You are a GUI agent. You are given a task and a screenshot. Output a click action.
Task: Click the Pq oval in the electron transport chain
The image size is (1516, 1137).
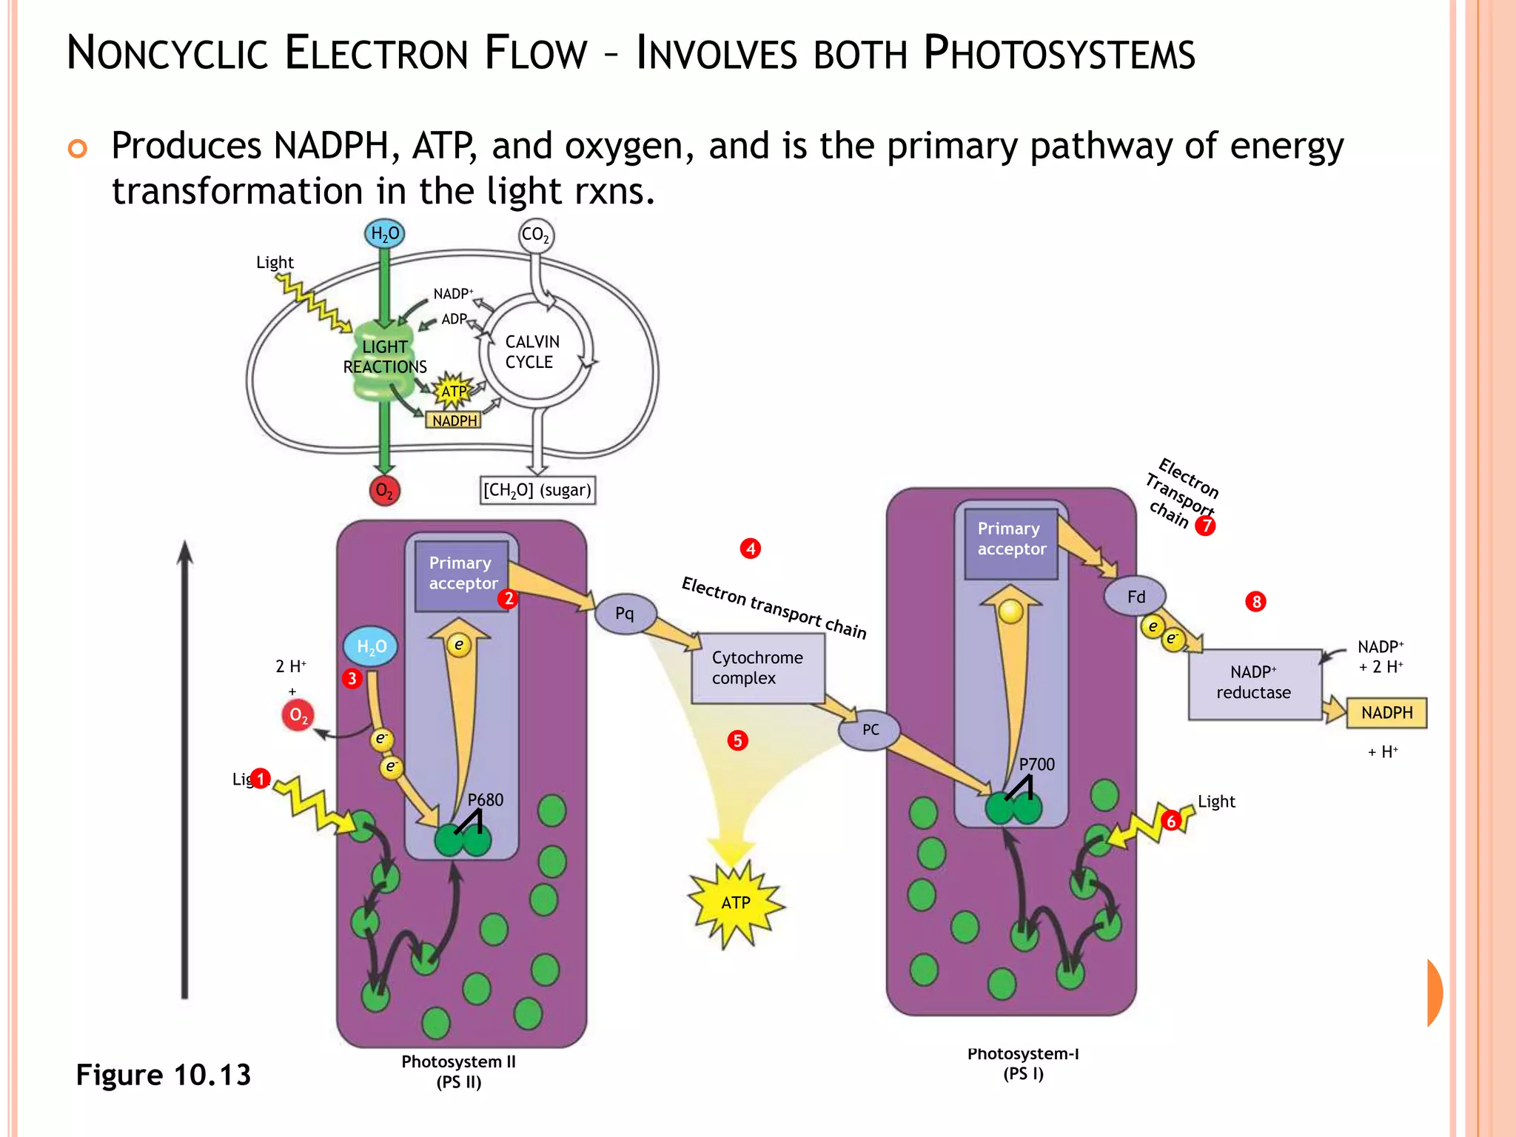pyautogui.click(x=625, y=613)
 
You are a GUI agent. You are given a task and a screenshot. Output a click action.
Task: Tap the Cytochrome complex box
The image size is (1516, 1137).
pyautogui.click(x=757, y=668)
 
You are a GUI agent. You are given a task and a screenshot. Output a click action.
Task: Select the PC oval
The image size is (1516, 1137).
pyautogui.click(x=870, y=730)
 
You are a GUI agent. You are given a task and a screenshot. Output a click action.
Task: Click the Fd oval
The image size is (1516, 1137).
pyautogui.click(x=1136, y=597)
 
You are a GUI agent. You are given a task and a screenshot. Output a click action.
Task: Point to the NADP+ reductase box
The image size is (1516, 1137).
pyautogui.click(x=1254, y=682)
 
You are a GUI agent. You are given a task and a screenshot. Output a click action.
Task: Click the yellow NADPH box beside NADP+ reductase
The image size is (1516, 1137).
pyautogui.click(x=1386, y=713)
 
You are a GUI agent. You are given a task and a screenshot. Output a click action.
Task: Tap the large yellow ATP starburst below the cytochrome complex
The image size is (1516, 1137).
pyautogui.click(x=735, y=902)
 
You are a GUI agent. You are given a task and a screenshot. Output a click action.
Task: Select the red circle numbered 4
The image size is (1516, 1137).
pyautogui.click(x=751, y=549)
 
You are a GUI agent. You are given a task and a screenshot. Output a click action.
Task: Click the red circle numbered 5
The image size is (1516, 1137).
pyautogui.click(x=737, y=740)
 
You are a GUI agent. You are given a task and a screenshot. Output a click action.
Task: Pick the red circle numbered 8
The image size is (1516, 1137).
pyautogui.click(x=1255, y=601)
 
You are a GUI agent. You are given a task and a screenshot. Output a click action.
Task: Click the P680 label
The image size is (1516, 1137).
pyautogui.click(x=485, y=799)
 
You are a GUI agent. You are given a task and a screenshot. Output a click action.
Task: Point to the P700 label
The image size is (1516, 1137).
pyautogui.click(x=1036, y=765)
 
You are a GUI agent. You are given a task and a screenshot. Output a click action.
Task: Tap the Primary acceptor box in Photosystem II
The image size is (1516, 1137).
pyautogui.click(x=462, y=574)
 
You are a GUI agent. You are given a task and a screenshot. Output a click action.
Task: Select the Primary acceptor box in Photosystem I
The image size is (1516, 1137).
pyautogui.click(x=1011, y=540)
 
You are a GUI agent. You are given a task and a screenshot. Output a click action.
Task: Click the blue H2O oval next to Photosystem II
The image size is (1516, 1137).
pyautogui.click(x=371, y=646)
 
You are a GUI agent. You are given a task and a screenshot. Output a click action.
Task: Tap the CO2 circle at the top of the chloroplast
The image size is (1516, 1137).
pyautogui.click(x=535, y=235)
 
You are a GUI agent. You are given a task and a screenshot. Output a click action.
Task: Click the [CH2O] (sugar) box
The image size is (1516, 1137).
pyautogui.click(x=537, y=490)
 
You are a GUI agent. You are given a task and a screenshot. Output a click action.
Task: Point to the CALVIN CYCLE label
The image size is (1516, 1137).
pyautogui.click(x=531, y=352)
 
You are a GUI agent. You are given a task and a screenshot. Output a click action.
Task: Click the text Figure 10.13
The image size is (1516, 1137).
pyautogui.click(x=164, y=1075)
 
